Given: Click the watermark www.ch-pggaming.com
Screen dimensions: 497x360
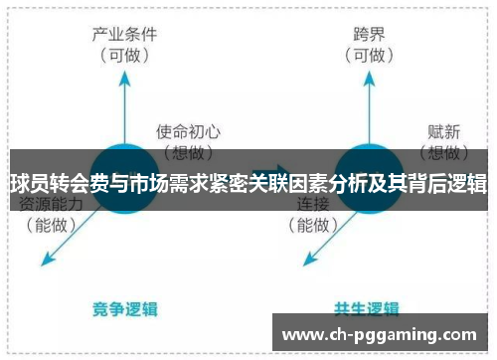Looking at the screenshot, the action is (385, 334).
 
